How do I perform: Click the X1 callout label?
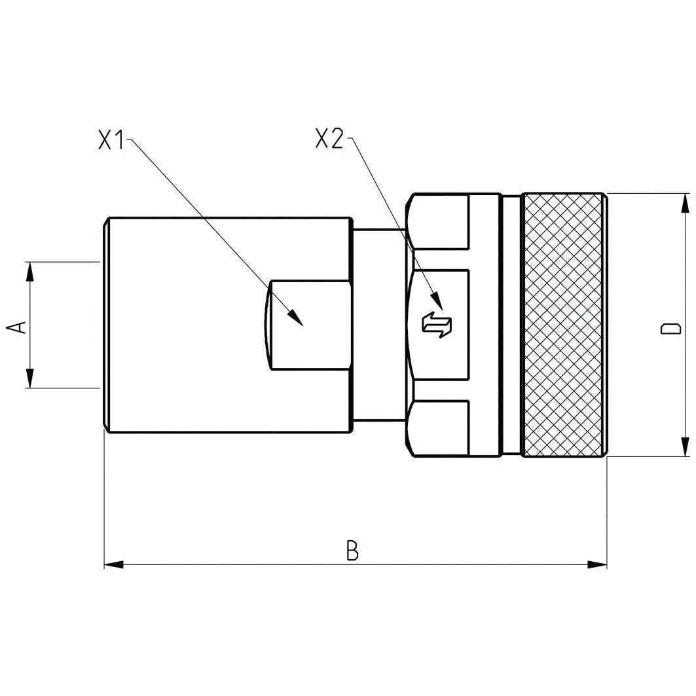pos(111,140)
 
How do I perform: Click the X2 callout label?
pos(329,139)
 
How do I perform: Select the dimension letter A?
pos(20,325)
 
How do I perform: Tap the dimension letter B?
pos(352,551)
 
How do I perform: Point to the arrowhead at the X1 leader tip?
pos(296,318)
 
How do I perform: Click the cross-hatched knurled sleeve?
pos(563,325)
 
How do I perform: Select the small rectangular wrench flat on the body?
pos(310,325)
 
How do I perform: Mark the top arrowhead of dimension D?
pos(685,203)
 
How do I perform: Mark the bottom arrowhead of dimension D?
pos(685,447)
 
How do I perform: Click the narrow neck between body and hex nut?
pos(378,325)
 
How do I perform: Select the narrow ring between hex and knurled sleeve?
pos(511,325)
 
